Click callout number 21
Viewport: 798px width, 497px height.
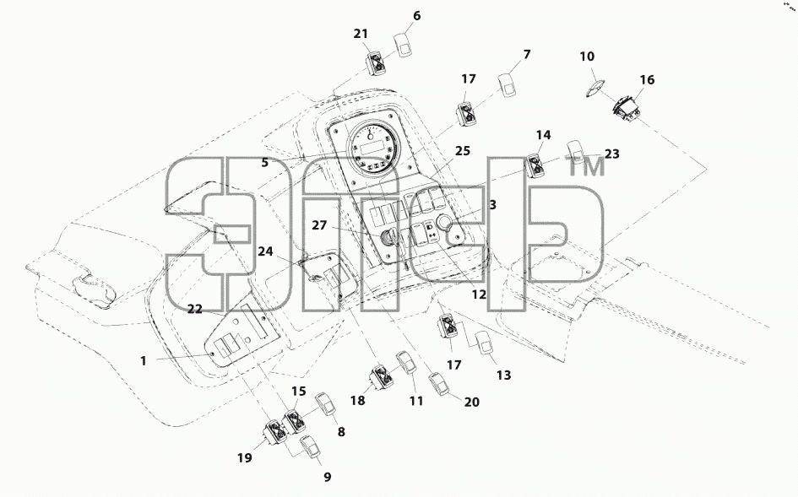[x=361, y=34]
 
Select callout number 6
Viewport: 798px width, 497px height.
[x=417, y=16]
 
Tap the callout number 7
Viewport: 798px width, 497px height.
[x=527, y=54]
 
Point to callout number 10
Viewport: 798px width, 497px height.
[x=587, y=56]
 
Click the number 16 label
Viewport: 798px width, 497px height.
[x=647, y=80]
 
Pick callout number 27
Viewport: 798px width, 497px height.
[x=319, y=224]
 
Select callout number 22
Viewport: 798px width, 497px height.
[x=195, y=309]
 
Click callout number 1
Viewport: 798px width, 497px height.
[x=144, y=360]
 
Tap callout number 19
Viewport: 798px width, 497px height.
[x=245, y=458]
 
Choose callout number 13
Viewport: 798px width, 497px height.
[x=503, y=375]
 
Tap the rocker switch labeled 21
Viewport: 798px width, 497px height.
[x=377, y=63]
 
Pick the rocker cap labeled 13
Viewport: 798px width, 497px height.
[x=485, y=342]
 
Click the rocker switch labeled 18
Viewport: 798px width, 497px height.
[x=382, y=377]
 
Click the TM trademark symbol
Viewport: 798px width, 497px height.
[x=586, y=166]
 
